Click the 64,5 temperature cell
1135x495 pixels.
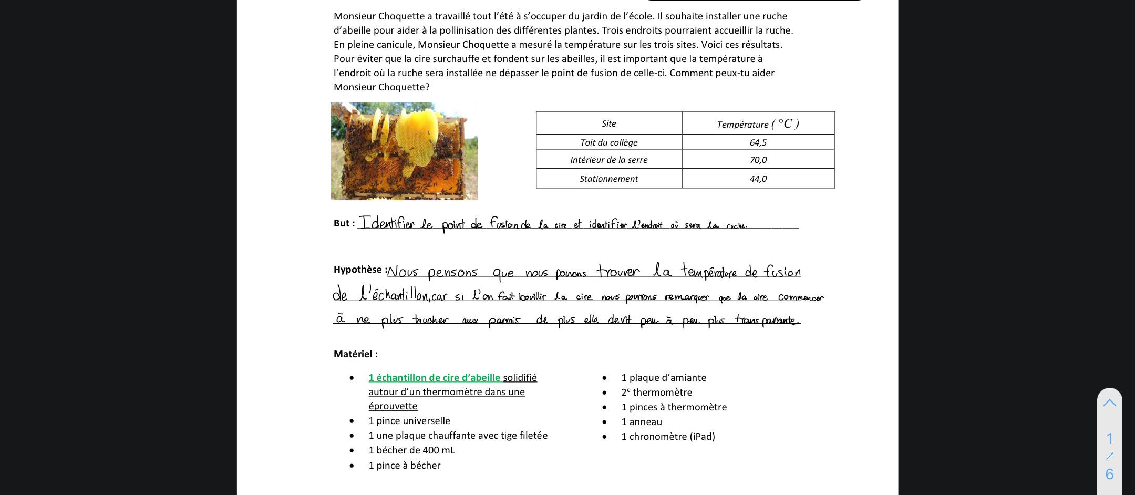pos(758,142)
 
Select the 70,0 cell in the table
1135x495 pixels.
pos(758,160)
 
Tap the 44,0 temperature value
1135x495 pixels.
pos(758,179)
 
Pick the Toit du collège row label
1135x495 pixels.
pos(608,142)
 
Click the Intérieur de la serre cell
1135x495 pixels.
pos(608,160)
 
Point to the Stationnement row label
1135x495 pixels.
pos(608,179)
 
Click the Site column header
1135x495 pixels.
pos(608,123)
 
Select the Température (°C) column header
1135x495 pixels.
pos(758,124)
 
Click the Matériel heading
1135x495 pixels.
pos(355,354)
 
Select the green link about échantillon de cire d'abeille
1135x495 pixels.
pos(434,378)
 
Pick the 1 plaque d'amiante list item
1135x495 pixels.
pos(663,378)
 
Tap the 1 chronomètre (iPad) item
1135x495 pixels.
pos(668,437)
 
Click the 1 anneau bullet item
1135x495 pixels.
pos(641,422)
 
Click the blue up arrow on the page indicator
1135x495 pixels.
pos(1109,403)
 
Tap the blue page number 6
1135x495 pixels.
pos(1109,475)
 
